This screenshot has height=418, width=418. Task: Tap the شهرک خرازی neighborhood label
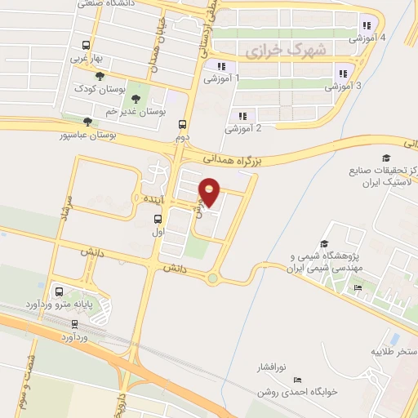click(285, 50)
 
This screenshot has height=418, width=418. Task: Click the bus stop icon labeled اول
click(158, 218)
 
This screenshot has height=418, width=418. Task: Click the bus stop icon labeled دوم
click(182, 125)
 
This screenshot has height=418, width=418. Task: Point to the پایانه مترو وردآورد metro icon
click(58, 291)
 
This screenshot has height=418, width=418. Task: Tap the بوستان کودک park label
click(97, 87)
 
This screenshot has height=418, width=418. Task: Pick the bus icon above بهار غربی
click(85, 46)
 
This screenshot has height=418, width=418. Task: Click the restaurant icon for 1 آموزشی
click(220, 66)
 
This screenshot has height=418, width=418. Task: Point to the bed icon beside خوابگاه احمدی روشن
click(297, 380)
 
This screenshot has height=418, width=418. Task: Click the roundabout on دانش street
click(213, 278)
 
